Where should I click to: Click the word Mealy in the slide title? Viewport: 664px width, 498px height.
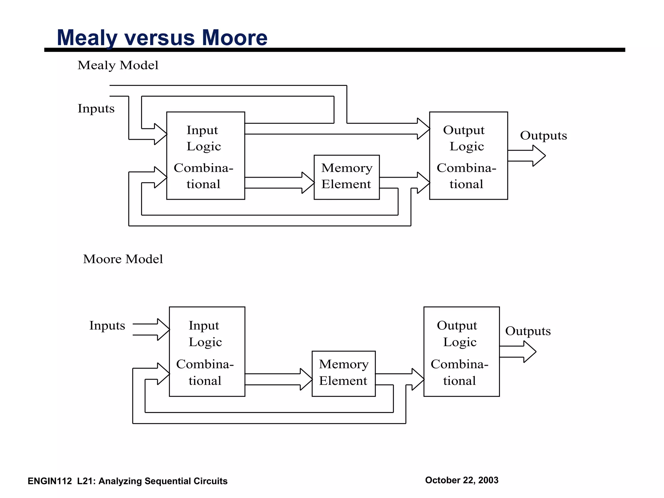(x=87, y=38)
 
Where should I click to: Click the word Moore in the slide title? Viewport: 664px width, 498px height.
(x=234, y=38)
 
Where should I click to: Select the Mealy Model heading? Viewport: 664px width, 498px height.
(x=118, y=65)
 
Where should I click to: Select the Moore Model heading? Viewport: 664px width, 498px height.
(x=123, y=259)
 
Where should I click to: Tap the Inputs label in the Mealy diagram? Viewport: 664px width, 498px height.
(x=96, y=108)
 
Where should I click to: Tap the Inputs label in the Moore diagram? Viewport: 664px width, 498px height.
(x=107, y=326)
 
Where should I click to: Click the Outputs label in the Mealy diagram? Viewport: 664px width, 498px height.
(x=543, y=136)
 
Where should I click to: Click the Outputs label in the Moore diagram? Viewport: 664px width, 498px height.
(x=528, y=331)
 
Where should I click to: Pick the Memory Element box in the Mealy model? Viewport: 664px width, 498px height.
(x=347, y=177)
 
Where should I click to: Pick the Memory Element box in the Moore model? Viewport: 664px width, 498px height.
(x=343, y=373)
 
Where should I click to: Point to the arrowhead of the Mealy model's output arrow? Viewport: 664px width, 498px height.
(x=539, y=156)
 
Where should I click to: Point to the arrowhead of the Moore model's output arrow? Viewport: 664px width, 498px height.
(x=530, y=352)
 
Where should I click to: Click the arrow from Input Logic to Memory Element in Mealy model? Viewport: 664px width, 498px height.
(x=279, y=183)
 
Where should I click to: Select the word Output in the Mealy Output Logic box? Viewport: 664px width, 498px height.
(x=464, y=130)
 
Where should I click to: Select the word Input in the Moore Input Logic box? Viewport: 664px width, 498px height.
(x=204, y=326)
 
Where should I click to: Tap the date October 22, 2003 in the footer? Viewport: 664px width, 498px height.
(x=461, y=480)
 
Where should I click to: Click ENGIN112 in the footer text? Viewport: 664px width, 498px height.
(x=50, y=481)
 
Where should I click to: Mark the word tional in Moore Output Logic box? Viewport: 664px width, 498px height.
(x=459, y=381)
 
